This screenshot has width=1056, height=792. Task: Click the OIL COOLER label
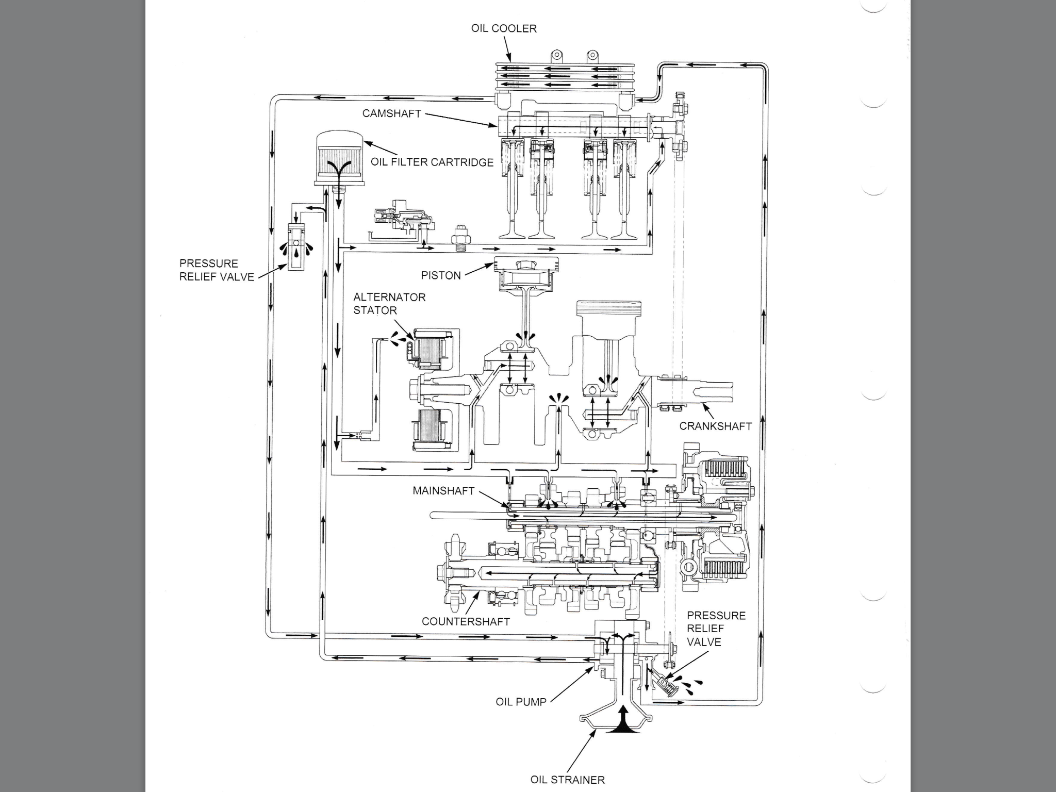click(x=504, y=28)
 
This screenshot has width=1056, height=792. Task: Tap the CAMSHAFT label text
click(x=391, y=113)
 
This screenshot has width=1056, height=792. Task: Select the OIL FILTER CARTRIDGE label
click(x=432, y=162)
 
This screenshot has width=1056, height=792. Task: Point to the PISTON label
click(x=441, y=275)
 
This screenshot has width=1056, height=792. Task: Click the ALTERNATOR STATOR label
click(x=389, y=304)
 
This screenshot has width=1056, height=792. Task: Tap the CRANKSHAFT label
click(x=715, y=426)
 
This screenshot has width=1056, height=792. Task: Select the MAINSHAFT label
click(x=443, y=491)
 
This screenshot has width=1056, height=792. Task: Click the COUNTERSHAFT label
click(x=466, y=622)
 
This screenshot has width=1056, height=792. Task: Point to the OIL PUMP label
click(x=521, y=702)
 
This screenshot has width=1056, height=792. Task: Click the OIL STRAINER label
click(x=567, y=780)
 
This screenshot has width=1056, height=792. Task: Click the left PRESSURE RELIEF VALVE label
click(x=217, y=270)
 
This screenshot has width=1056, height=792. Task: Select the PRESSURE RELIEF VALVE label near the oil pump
click(x=716, y=629)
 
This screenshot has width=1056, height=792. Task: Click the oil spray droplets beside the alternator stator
click(x=398, y=339)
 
